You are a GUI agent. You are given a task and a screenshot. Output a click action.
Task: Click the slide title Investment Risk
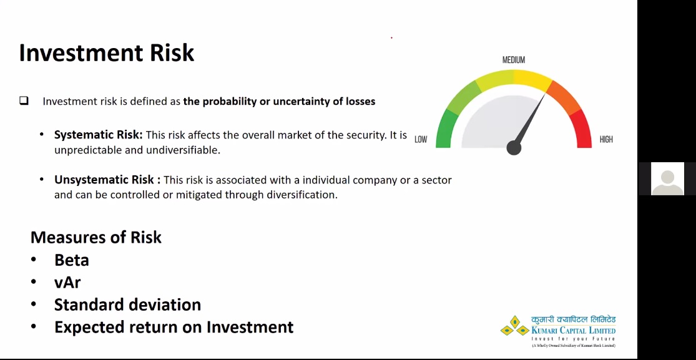107,53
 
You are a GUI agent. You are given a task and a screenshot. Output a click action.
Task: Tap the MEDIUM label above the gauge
514,60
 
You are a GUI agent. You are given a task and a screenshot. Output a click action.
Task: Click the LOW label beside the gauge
421,139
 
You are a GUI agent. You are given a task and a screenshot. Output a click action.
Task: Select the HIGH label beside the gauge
606,139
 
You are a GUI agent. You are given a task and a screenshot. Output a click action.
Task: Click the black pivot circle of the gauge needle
514,148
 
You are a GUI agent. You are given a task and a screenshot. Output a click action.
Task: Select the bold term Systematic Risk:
99,135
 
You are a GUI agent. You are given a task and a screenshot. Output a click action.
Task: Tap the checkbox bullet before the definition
24,101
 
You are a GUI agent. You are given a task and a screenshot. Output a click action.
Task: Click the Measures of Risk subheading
96,237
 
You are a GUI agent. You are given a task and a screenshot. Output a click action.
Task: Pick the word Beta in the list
71,260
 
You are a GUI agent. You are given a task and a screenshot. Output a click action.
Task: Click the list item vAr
67,282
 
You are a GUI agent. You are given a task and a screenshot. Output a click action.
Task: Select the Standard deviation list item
127,305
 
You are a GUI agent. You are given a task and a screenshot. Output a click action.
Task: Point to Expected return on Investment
174,327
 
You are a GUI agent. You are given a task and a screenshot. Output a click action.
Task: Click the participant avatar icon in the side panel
667,179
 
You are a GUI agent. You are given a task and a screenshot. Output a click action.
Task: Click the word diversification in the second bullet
302,195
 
